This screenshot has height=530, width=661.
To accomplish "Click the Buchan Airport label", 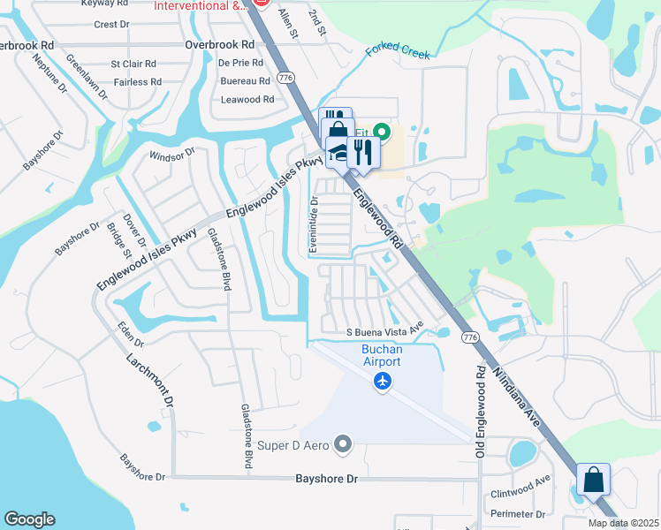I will pos(382,356).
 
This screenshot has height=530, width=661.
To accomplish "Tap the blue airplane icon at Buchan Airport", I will pos(382,382).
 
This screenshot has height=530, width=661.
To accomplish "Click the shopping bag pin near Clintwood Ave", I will pos(593,480).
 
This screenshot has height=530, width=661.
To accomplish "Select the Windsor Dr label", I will pos(171,155).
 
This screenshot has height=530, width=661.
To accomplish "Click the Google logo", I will pos(29,519).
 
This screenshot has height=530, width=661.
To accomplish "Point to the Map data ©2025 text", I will pos(622,523).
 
